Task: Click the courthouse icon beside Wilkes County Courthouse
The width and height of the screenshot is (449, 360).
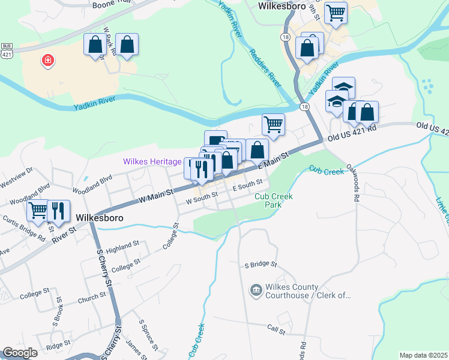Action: click(x=255, y=290)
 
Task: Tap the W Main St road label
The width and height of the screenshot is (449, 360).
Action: click(x=156, y=193)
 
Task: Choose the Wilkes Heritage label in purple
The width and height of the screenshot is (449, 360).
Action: click(x=152, y=162)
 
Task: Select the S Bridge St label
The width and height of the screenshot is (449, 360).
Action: click(x=260, y=264)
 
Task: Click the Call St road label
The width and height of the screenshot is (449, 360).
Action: click(x=276, y=329)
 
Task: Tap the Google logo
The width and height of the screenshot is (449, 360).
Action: click(x=20, y=353)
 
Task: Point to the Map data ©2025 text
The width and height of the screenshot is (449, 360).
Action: click(x=423, y=355)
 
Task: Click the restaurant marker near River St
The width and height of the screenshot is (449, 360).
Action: click(x=58, y=211)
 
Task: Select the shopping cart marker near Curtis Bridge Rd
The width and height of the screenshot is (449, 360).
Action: click(x=38, y=211)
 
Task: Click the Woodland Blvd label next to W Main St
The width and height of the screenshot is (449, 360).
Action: click(x=92, y=184)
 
